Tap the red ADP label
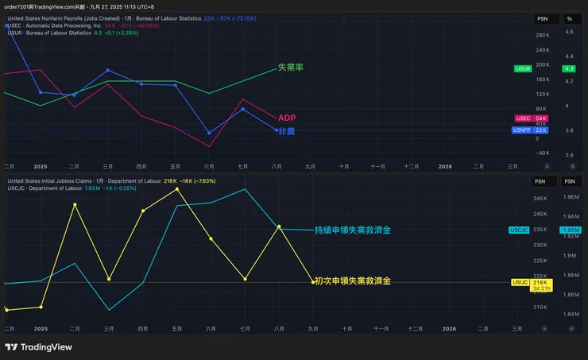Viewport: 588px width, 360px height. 287,118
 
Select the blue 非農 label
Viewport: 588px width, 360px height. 286,130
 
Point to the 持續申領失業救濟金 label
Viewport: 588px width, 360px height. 353,230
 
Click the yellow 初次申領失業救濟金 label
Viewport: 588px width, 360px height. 352,281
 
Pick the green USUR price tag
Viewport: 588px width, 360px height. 523,69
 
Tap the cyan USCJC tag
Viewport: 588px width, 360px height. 519,230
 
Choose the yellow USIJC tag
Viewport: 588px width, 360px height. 520,282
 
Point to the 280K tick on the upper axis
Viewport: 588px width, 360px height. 543,36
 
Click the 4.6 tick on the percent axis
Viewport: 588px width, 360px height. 569,32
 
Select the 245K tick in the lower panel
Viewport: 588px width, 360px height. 541,199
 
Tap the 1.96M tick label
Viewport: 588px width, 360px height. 570,196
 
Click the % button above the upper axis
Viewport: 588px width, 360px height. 569,17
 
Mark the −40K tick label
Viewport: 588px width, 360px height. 543,153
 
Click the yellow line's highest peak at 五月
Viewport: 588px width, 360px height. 176,188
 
